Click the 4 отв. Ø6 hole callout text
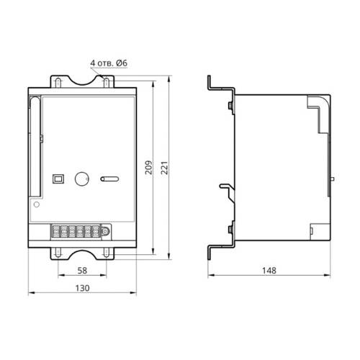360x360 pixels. click(109, 63)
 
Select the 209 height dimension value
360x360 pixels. click(149, 167)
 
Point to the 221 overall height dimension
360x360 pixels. click(164, 168)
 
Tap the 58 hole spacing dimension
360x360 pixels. click(82, 271)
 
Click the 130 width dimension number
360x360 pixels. click(82, 288)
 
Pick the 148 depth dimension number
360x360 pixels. click(269, 271)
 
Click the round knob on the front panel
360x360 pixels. click(82, 179)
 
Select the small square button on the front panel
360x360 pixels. click(58, 179)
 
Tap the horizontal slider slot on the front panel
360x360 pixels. click(109, 179)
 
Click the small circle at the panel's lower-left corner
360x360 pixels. click(37, 204)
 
